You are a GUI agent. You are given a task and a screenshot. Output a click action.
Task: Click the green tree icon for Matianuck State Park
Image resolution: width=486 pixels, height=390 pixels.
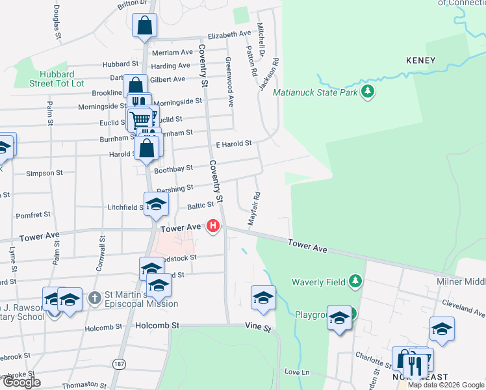point(368,91)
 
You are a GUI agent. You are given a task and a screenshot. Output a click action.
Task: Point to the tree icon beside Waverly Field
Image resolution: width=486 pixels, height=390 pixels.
point(355,281)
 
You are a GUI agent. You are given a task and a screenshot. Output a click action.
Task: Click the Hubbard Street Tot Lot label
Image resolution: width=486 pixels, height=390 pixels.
point(57,79)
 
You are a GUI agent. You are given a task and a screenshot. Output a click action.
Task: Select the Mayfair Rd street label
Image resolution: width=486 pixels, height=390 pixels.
point(257,208)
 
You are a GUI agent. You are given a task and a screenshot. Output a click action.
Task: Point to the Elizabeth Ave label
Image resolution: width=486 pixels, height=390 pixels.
point(229,34)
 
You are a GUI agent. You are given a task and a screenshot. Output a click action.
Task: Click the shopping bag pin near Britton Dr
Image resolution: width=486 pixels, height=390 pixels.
point(144,27)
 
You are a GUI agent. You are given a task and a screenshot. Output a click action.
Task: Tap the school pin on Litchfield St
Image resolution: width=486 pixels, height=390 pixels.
point(156,205)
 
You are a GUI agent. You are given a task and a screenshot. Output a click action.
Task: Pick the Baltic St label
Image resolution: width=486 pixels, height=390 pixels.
point(201,205)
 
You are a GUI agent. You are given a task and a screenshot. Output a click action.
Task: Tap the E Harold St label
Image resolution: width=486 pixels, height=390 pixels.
point(233,143)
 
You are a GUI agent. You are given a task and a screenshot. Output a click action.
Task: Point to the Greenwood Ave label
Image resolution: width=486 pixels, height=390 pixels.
point(229,81)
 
